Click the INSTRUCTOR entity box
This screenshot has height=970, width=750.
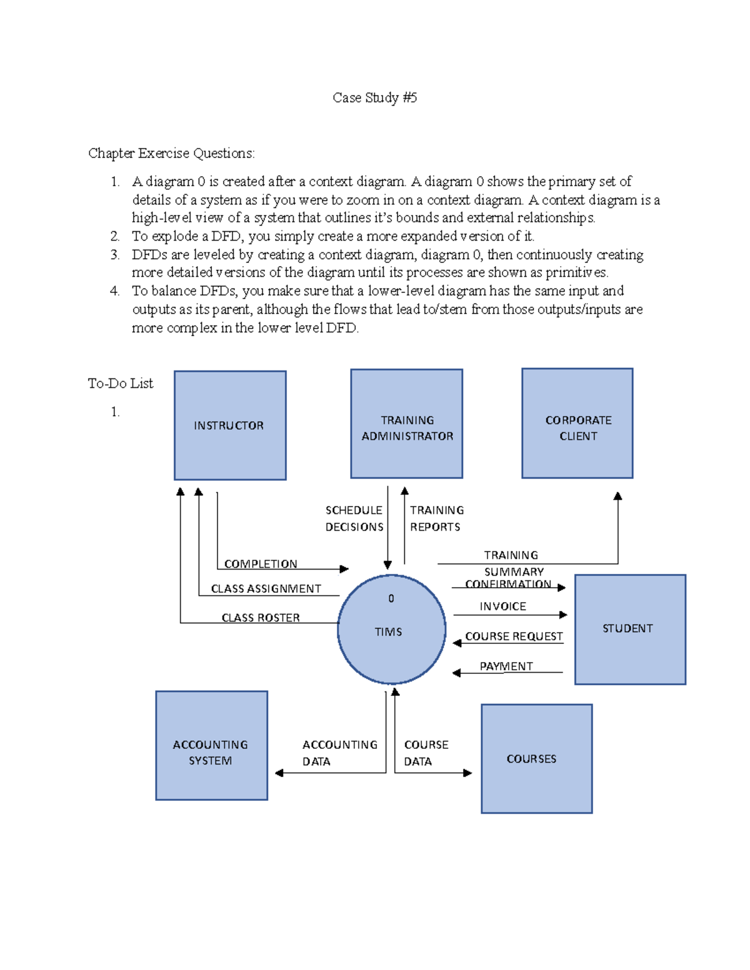tap(230, 425)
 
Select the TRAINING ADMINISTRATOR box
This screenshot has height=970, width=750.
tap(406, 424)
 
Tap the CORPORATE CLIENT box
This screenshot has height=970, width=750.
tap(577, 423)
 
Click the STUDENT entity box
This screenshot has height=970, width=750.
tap(630, 629)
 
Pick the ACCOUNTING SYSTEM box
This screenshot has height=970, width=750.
tap(212, 745)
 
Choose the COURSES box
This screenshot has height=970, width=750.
tap(536, 759)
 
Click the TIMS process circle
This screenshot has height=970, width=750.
tap(391, 630)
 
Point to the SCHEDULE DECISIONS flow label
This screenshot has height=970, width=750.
tap(354, 518)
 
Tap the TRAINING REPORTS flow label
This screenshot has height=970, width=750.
tap(436, 518)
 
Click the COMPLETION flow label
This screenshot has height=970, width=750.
tap(261, 564)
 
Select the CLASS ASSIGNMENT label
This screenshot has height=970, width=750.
tap(266, 588)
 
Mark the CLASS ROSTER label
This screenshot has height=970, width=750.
tap(261, 618)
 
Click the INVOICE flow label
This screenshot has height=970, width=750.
tap(502, 606)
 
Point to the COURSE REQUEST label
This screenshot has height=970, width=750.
tap(514, 636)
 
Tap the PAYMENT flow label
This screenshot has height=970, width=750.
tap(506, 666)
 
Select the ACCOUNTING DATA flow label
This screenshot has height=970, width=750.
tap(339, 753)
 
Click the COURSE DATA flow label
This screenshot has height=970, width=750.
tap(426, 753)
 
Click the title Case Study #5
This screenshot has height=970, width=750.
tap(374, 97)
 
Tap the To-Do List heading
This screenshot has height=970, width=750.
tap(120, 384)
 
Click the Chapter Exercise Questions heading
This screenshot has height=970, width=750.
tap(171, 153)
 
